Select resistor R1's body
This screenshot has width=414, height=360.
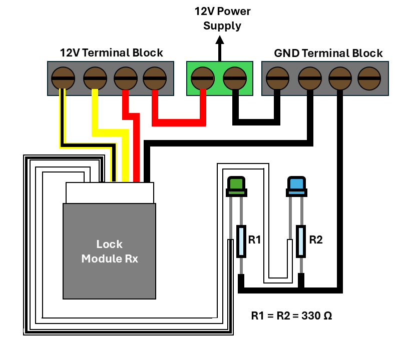(x=241, y=241)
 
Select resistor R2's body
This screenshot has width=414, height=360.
(x=301, y=241)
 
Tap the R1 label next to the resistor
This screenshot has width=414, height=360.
(x=255, y=240)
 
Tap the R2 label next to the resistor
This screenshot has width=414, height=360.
(x=316, y=240)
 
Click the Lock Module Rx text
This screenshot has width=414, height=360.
(x=110, y=251)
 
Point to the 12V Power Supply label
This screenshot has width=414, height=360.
(x=222, y=18)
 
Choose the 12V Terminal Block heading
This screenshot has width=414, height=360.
(x=111, y=52)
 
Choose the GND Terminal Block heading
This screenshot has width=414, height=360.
(x=328, y=53)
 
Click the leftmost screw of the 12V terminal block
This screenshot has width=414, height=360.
(x=64, y=78)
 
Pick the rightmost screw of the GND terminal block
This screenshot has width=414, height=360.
(x=369, y=78)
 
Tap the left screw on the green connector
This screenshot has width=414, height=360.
(x=203, y=78)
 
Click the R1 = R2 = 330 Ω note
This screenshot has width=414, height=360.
(x=291, y=316)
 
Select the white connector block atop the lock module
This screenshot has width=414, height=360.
(x=110, y=193)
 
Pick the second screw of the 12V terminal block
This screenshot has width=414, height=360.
(x=94, y=78)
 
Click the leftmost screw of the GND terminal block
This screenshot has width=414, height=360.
(x=277, y=78)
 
